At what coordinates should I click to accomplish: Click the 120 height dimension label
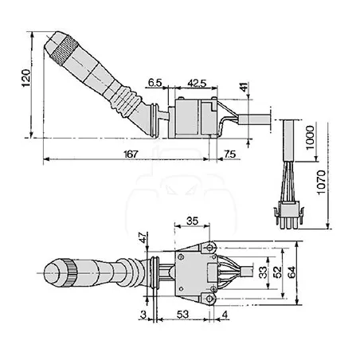click(x=26, y=78)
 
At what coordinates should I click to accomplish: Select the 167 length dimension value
click(x=131, y=154)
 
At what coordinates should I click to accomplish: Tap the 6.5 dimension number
click(x=155, y=83)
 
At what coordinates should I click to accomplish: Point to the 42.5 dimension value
click(x=197, y=84)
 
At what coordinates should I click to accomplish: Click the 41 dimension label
click(x=244, y=87)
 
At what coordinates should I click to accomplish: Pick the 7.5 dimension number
click(x=229, y=154)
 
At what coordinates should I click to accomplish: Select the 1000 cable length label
click(x=310, y=138)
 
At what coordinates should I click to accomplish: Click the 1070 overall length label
click(x=321, y=182)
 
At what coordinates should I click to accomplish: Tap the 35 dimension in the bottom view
click(x=192, y=221)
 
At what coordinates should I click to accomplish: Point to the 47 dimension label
click(x=143, y=237)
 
